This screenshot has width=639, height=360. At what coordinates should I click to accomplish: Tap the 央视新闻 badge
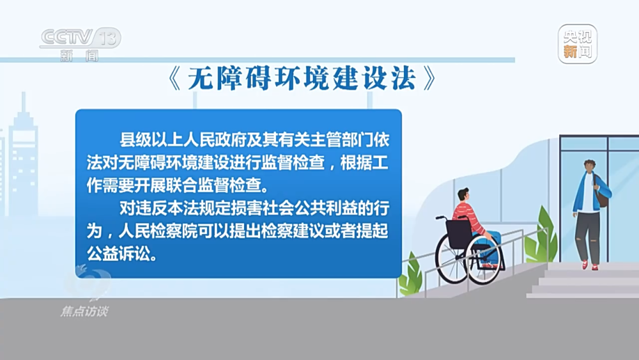(x=578, y=44)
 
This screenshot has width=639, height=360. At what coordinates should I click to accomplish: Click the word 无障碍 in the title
(x=229, y=78)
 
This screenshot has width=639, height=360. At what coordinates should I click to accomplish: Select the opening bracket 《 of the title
(x=175, y=78)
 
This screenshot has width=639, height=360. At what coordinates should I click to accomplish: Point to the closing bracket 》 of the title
(x=429, y=78)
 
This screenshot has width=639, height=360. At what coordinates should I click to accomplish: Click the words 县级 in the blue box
(x=135, y=140)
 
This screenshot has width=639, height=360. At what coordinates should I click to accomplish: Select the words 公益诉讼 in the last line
(x=119, y=254)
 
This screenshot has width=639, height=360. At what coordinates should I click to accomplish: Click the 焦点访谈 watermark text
(x=85, y=311)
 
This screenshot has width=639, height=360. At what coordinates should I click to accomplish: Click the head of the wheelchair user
(x=463, y=195)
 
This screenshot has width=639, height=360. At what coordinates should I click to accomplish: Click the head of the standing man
(x=589, y=166)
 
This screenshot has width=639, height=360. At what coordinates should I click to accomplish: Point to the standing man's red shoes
(x=590, y=265)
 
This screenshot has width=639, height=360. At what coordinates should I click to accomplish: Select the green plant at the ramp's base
(x=410, y=275)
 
